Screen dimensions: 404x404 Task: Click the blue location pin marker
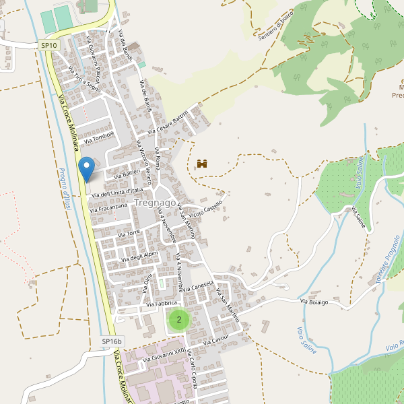point(86,168)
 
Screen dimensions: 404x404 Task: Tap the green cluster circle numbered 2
point(178,320)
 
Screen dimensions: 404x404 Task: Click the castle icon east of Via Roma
point(201,164)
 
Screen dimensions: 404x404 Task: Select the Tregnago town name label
point(155,203)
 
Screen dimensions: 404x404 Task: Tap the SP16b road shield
point(111,342)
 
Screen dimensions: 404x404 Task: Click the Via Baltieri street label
point(127,174)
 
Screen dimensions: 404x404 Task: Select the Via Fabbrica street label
point(157,304)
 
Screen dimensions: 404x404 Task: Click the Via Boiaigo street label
point(314,302)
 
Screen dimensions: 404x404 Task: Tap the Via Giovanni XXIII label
point(164,355)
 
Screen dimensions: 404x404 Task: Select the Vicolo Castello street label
point(206,209)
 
